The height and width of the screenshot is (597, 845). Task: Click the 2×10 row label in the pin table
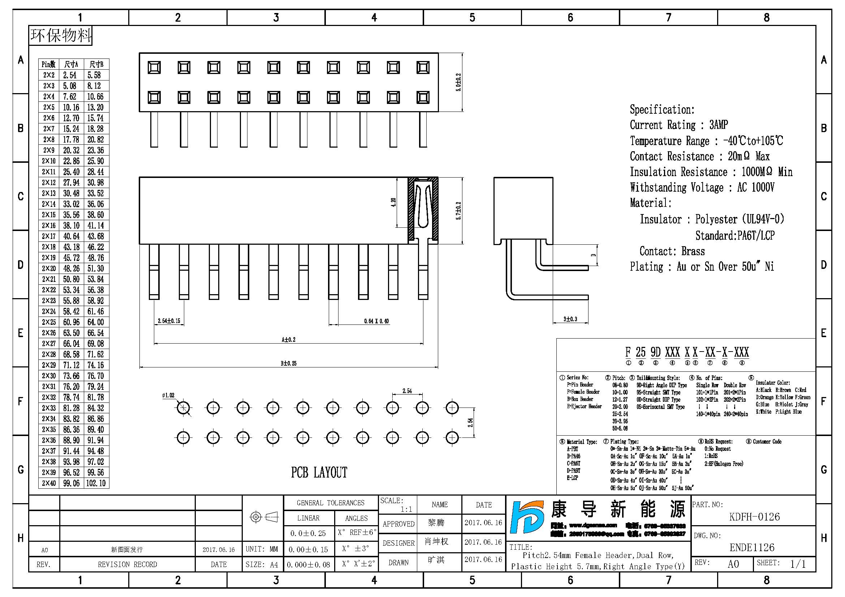pyautogui.click(x=48, y=161)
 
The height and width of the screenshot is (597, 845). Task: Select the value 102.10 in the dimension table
pyautogui.click(x=96, y=483)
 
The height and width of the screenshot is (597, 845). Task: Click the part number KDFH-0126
pyautogui.click(x=754, y=517)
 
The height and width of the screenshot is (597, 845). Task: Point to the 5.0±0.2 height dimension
pyautogui.click(x=458, y=82)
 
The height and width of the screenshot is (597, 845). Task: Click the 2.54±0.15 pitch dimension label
pyautogui.click(x=169, y=321)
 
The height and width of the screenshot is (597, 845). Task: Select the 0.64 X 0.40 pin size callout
pyautogui.click(x=376, y=321)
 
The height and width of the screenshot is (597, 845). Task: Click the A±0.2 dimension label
pyautogui.click(x=289, y=340)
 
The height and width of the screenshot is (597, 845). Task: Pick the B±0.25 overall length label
pyautogui.click(x=289, y=363)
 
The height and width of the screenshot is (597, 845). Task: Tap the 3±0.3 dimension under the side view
pyautogui.click(x=570, y=319)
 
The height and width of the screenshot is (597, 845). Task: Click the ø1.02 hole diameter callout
pyautogui.click(x=168, y=396)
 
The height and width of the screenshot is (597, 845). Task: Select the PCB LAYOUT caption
pyautogui.click(x=319, y=473)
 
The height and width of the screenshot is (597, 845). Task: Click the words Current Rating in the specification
pyautogui.click(x=663, y=125)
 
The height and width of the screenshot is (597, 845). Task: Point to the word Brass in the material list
pyautogui.click(x=693, y=252)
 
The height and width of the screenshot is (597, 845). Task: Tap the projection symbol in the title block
pyautogui.click(x=264, y=517)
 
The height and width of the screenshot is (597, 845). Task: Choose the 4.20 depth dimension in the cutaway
pyautogui.click(x=393, y=202)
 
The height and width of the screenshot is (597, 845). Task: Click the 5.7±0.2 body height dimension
pyautogui.click(x=458, y=211)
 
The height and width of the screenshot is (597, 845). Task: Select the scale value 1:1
pyautogui.click(x=406, y=510)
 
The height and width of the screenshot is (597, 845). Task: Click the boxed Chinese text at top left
pyautogui.click(x=61, y=36)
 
